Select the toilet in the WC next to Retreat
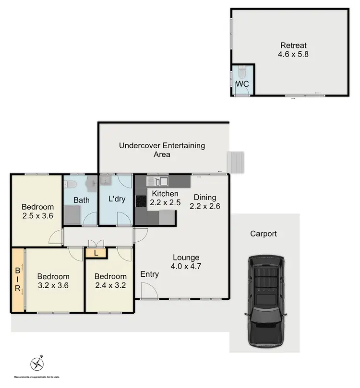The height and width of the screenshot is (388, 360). pos(242,73)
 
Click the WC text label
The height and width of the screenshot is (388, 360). pos(242,84)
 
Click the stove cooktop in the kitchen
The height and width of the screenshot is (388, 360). pos(141,201)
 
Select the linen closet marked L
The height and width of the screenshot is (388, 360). pos(96,252)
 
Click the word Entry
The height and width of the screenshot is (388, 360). pos(149,274)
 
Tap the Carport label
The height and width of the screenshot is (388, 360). pos(264,234)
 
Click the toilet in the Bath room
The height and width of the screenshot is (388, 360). pos(70,184)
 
